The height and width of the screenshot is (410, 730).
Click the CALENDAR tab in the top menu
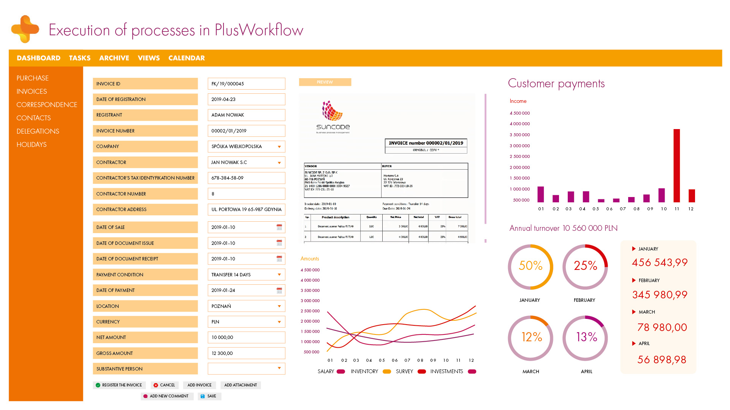[186, 58]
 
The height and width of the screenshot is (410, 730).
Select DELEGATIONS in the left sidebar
[38, 131]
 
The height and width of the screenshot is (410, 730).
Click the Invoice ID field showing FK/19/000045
[246, 84]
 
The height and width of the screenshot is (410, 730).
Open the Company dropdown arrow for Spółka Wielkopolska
[279, 147]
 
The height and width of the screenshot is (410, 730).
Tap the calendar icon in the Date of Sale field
[279, 227]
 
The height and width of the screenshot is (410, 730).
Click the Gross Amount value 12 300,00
[246, 353]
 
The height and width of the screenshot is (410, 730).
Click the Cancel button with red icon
[164, 385]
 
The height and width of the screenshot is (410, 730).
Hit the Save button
[209, 396]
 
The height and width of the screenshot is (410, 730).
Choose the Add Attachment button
[240, 385]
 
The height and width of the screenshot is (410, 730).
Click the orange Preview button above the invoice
[325, 82]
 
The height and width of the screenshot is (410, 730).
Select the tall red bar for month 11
[676, 166]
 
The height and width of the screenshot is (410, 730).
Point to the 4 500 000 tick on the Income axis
[519, 113]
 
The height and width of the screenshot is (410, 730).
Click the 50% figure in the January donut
[530, 266]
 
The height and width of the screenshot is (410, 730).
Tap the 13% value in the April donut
[586, 337]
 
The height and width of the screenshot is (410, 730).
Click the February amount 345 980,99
[660, 295]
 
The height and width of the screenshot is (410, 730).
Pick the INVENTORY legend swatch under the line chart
[387, 372]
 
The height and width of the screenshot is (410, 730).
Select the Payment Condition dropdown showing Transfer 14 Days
[246, 275]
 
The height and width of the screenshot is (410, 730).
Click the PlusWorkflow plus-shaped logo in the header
[25, 29]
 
